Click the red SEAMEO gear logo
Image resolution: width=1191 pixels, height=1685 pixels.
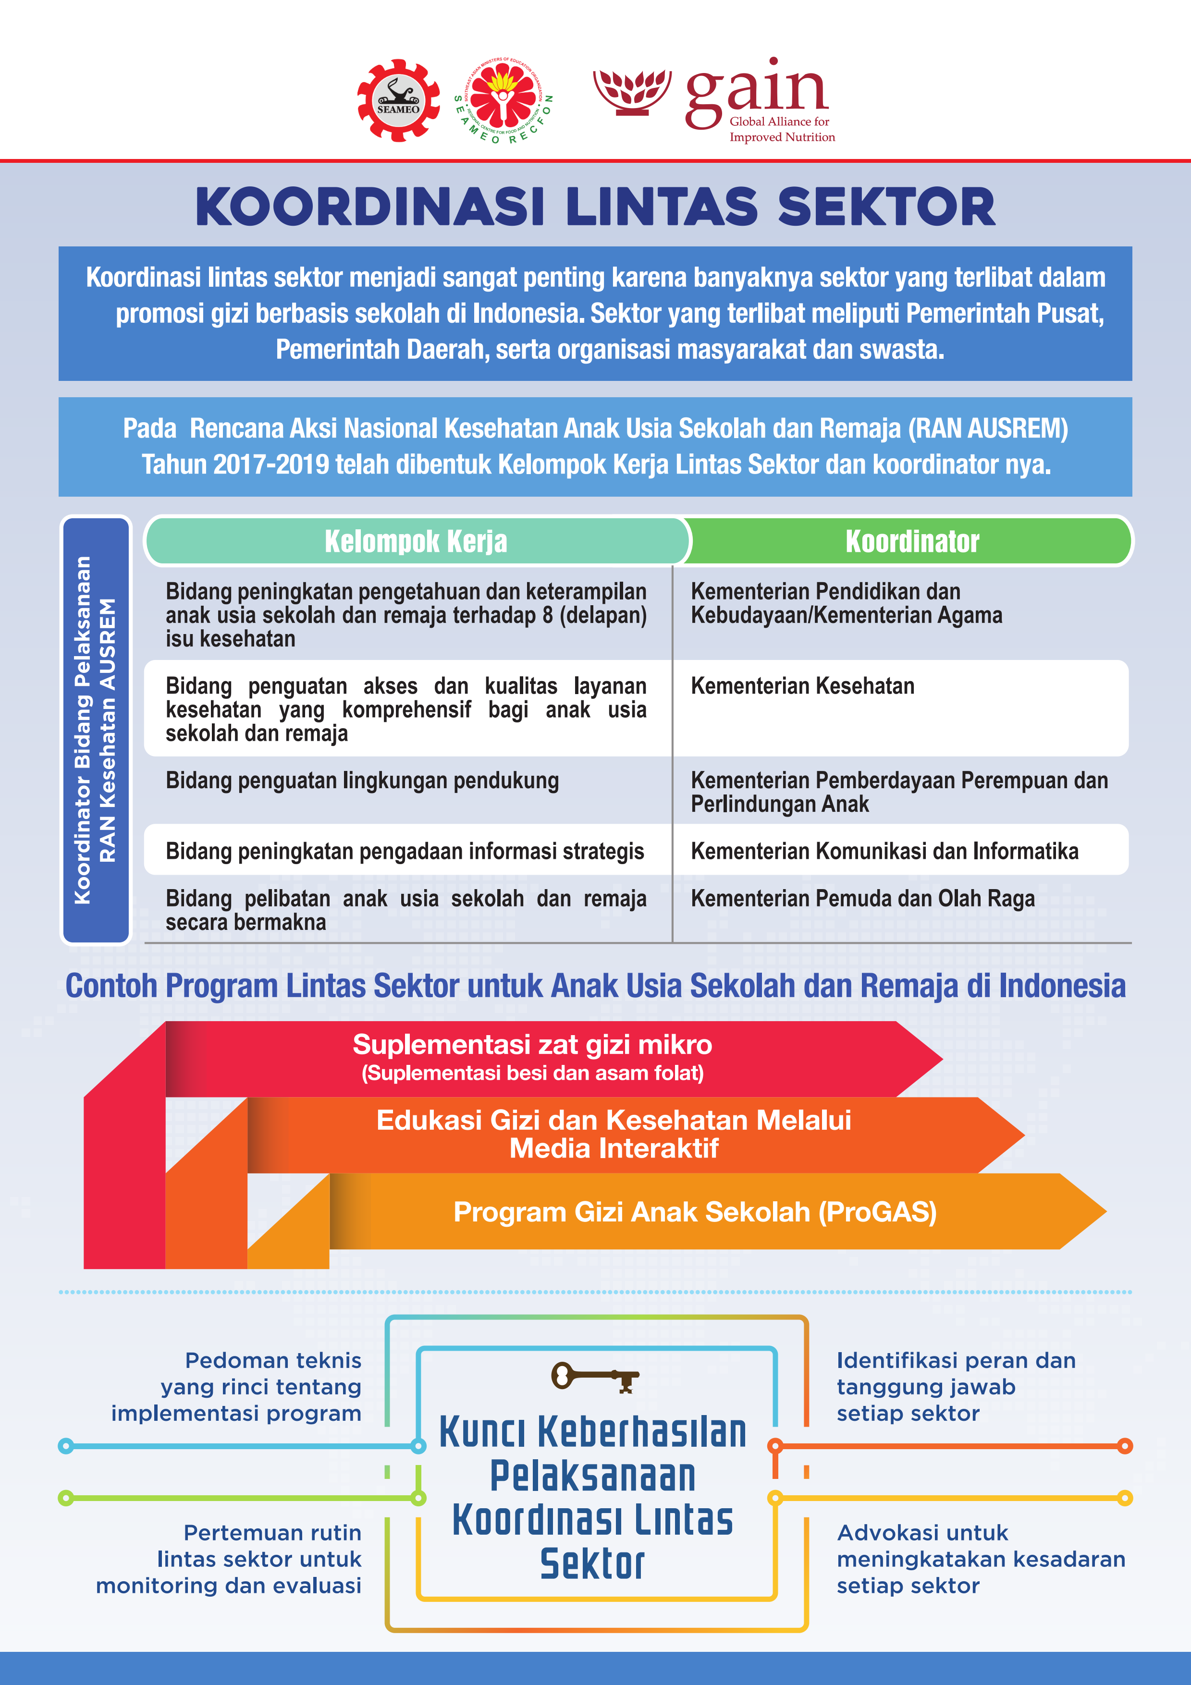tap(398, 100)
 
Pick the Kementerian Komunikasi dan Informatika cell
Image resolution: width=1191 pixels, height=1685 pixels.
tap(884, 851)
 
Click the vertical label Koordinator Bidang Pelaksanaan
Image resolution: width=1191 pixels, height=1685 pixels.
tap(82, 730)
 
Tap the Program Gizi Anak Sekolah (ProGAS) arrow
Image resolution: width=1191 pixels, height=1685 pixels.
tap(694, 1212)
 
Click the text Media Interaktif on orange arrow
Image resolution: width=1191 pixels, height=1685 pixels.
tap(614, 1148)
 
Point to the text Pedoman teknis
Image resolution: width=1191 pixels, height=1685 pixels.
tap(273, 1361)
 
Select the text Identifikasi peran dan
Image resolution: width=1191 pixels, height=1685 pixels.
tap(956, 1361)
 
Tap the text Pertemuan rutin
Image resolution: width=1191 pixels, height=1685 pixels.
tap(272, 1533)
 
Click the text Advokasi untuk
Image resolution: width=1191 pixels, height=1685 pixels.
tap(922, 1533)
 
